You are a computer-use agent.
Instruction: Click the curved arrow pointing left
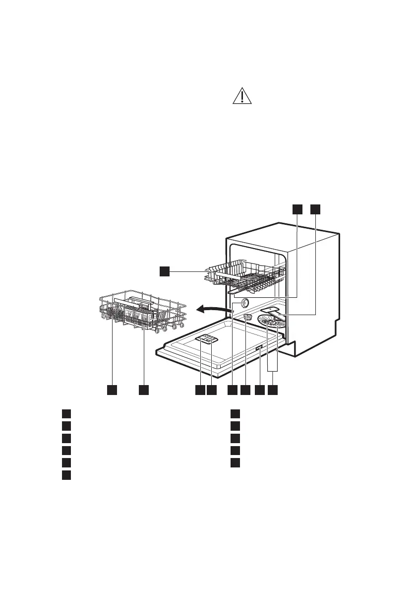coord(212,310)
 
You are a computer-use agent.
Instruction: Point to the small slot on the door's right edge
coord(259,349)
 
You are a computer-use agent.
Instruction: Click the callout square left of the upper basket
coord(165,271)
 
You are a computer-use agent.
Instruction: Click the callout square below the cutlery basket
coord(144,391)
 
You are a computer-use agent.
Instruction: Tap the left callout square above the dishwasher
coord(297,209)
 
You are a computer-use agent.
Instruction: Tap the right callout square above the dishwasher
coord(315,209)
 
